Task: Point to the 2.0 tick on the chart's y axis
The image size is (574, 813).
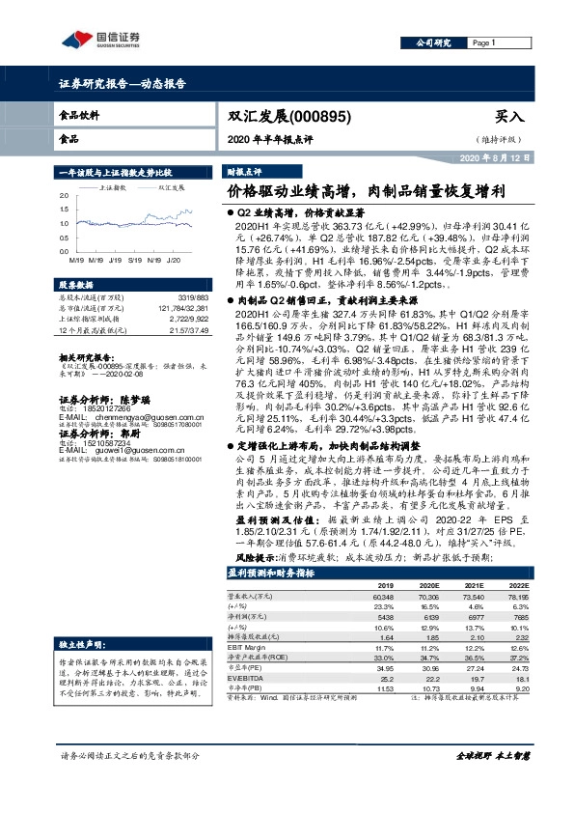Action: (x=64, y=196)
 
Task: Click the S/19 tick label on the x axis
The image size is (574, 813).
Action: (x=133, y=259)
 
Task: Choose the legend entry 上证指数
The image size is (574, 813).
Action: (x=114, y=187)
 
